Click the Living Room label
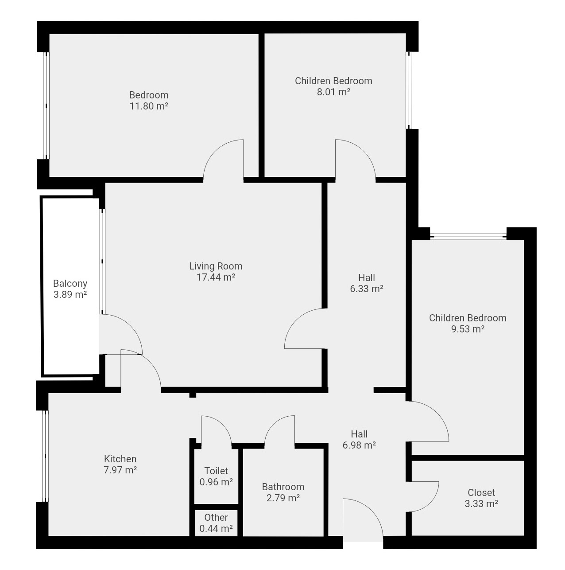(x=216, y=266)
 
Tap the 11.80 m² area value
(x=149, y=106)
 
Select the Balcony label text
(x=70, y=283)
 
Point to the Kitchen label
(x=120, y=459)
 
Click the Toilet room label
(x=216, y=471)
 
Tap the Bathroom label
(x=283, y=487)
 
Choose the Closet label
(x=481, y=492)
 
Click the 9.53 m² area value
(x=468, y=329)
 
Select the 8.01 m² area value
(x=333, y=92)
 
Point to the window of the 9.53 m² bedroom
(x=468, y=236)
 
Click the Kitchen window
(x=45, y=456)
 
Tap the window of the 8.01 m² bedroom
(x=409, y=90)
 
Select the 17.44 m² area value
(x=216, y=277)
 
